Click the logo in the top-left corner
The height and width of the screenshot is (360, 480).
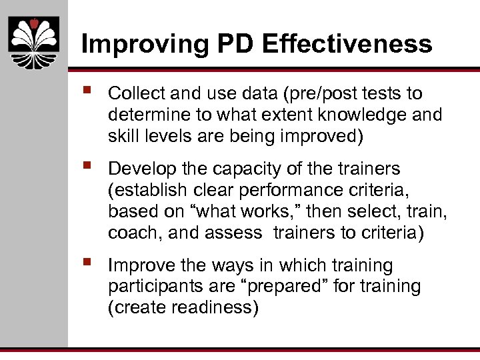click(34, 43)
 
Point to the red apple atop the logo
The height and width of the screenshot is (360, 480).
click(34, 24)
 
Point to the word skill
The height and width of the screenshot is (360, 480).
click(122, 136)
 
